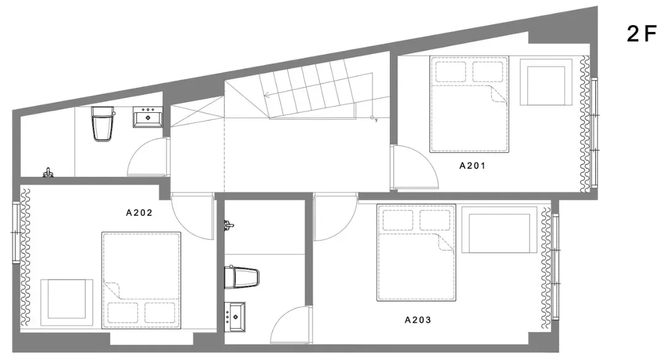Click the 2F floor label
(641, 34)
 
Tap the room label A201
(473, 166)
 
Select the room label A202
(139, 213)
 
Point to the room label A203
(418, 320)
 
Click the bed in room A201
(469, 104)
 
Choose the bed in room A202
(141, 280)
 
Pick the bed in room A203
(416, 253)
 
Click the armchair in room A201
(546, 82)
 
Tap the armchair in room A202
(67, 302)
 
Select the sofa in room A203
(500, 230)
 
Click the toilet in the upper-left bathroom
(102, 124)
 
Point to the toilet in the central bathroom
(242, 277)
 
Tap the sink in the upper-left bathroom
(148, 117)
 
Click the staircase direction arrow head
(265, 95)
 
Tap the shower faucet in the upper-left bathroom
(48, 172)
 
